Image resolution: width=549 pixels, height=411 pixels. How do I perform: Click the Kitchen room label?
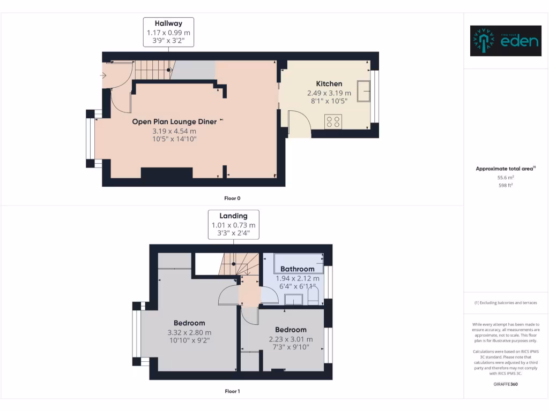pyautogui.click(x=329, y=83)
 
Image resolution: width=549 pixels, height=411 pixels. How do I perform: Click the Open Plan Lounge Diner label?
pyautogui.click(x=174, y=121)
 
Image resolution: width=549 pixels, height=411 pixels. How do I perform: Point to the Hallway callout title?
pyautogui.click(x=168, y=24)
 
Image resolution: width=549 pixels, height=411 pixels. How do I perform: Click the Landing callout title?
pyautogui.click(x=233, y=216)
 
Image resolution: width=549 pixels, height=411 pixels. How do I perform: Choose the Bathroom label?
pyautogui.click(x=297, y=269)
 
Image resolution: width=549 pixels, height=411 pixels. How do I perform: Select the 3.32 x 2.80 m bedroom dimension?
pyautogui.click(x=189, y=332)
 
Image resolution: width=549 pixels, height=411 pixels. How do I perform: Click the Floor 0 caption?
pyautogui.click(x=232, y=198)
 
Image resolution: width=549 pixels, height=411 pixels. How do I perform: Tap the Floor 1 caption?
pyautogui.click(x=232, y=391)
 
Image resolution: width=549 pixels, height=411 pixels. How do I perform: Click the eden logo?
pyautogui.click(x=506, y=41)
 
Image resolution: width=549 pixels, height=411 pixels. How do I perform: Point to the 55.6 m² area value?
pyautogui.click(x=506, y=177)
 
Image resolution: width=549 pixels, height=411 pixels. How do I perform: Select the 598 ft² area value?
pyautogui.click(x=506, y=185)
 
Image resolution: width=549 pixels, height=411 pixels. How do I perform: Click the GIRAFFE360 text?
pyautogui.click(x=506, y=384)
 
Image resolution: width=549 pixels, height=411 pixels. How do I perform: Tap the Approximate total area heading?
pyautogui.click(x=506, y=169)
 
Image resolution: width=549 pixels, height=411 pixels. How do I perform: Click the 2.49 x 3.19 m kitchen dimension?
pyautogui.click(x=329, y=93)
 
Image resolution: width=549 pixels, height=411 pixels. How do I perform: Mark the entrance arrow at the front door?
pyautogui.click(x=103, y=75)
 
